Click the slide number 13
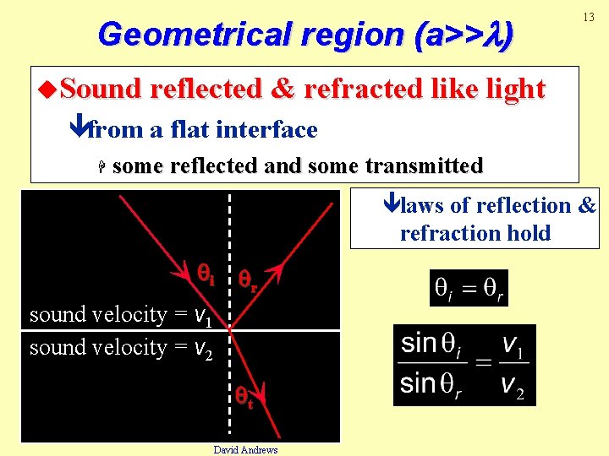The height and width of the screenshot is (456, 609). [584, 18]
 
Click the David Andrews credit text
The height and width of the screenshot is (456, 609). [245, 449]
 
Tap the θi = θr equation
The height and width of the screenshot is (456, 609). [469, 288]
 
